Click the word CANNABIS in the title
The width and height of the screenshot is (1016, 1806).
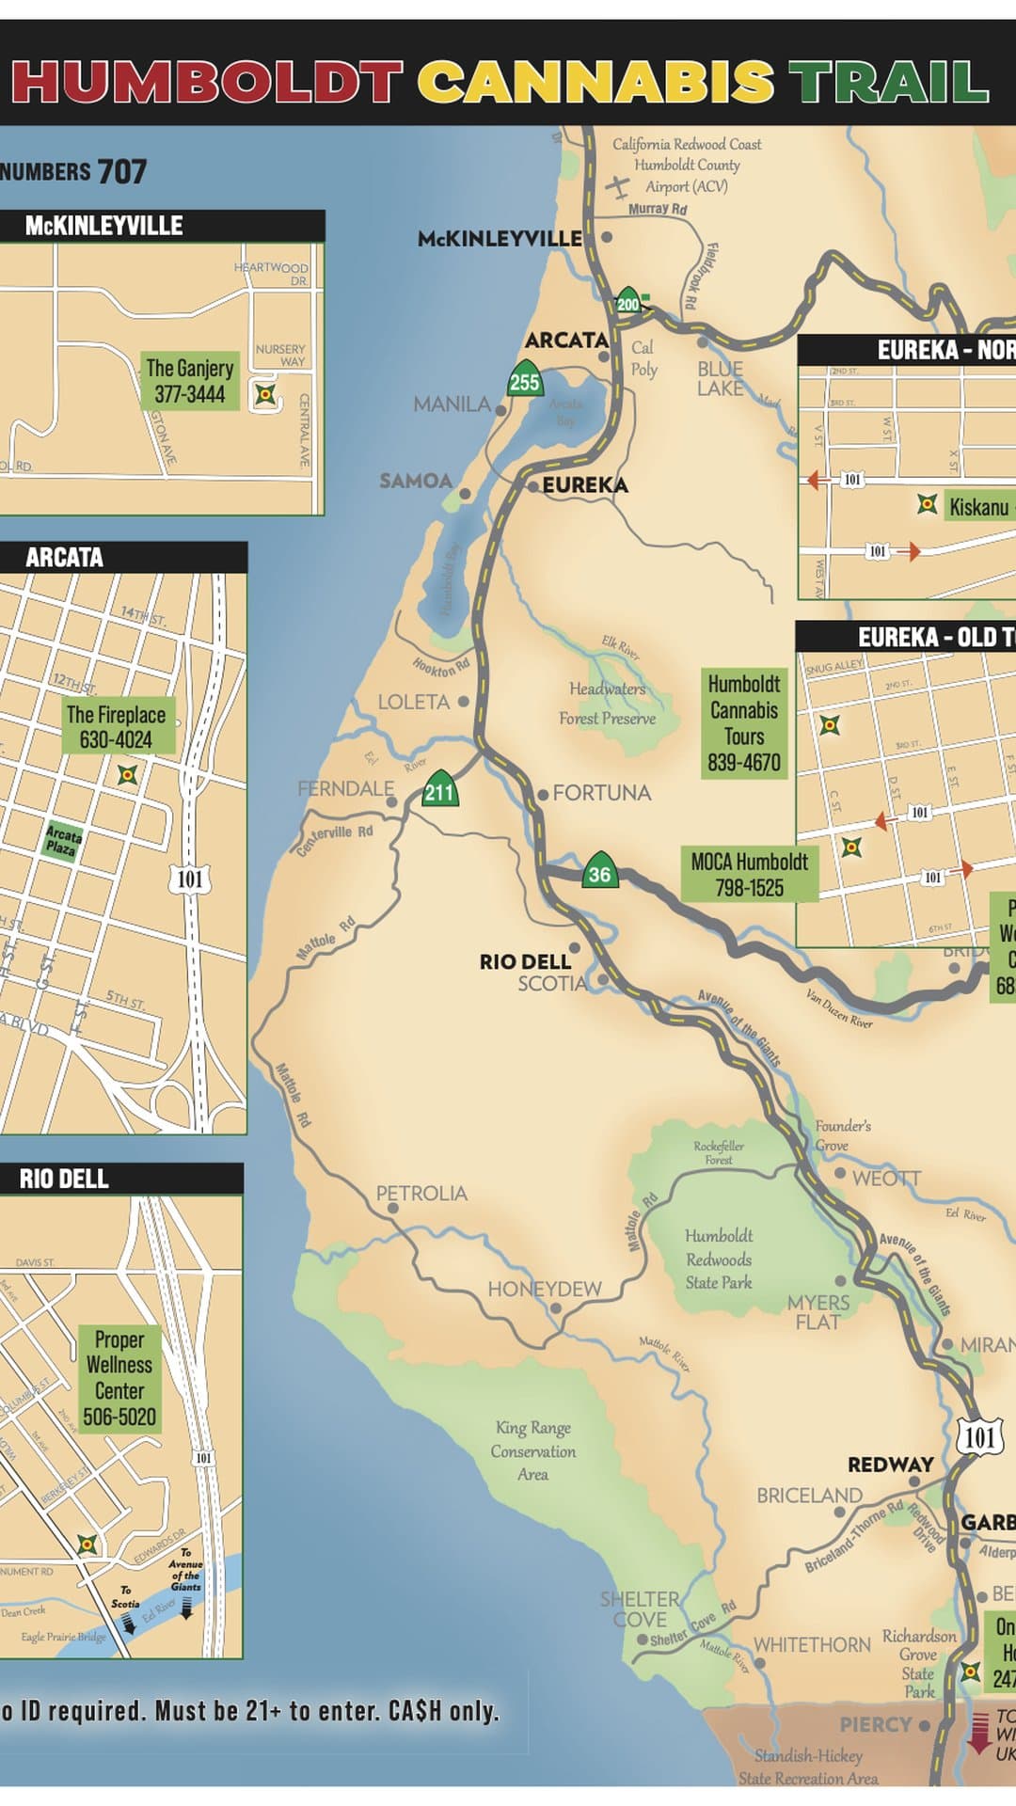pyautogui.click(x=595, y=83)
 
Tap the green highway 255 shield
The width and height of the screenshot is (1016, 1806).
pyautogui.click(x=525, y=379)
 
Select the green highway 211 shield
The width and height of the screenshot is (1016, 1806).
pyautogui.click(x=439, y=789)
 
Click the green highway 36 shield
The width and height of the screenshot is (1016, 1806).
pyautogui.click(x=599, y=871)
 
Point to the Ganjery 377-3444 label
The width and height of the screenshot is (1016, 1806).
pyautogui.click(x=189, y=381)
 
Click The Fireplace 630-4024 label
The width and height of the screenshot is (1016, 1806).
pyautogui.click(x=116, y=727)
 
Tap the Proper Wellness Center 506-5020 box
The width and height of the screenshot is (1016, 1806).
pyautogui.click(x=119, y=1378)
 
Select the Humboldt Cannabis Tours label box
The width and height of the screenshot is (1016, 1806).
pyautogui.click(x=743, y=723)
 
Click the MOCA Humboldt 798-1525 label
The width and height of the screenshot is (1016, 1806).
pyautogui.click(x=749, y=874)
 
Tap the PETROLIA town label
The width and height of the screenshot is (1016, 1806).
pyautogui.click(x=421, y=1193)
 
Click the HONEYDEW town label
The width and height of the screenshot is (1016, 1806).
pyautogui.click(x=544, y=1289)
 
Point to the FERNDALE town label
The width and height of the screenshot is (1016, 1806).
pyautogui.click(x=345, y=788)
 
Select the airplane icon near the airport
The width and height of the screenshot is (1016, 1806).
pyautogui.click(x=618, y=186)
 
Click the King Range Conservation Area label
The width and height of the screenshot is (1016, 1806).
pyautogui.click(x=532, y=1450)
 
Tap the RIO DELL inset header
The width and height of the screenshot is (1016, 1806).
pyautogui.click(x=64, y=1179)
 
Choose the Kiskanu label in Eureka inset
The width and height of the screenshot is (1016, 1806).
pyautogui.click(x=978, y=507)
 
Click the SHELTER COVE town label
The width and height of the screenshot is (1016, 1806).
pyautogui.click(x=640, y=1608)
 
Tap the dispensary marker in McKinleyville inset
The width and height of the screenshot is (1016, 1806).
pyautogui.click(x=266, y=394)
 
